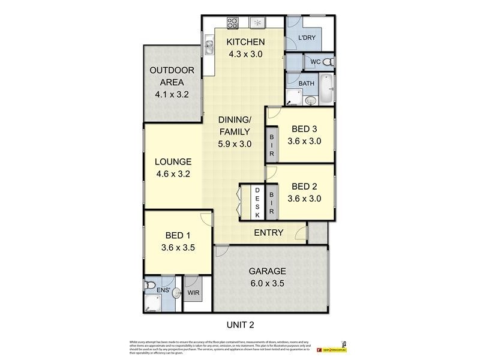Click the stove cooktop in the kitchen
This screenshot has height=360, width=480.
tap(232, 23)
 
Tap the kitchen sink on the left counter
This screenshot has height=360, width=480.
tap(209, 43)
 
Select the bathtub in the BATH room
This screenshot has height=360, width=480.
tap(325, 88)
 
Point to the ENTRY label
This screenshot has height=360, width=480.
tap(268, 232)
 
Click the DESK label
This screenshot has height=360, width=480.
tap(257, 202)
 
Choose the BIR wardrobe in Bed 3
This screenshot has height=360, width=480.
tap(271, 145)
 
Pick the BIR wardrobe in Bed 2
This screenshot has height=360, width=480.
tap(271, 202)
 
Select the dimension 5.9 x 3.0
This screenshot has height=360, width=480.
tap(234, 144)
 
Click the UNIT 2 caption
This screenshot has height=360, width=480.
tap(240, 325)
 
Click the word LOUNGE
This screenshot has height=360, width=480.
tap(173, 162)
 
